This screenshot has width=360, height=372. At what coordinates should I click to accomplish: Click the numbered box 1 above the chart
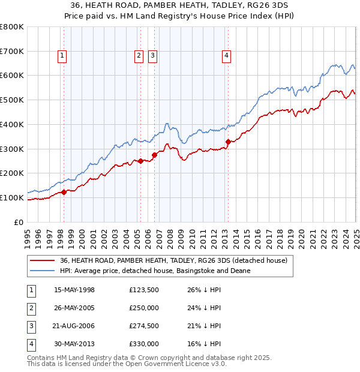[x=62, y=56]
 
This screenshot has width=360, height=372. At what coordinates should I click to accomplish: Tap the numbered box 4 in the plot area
[x=227, y=56]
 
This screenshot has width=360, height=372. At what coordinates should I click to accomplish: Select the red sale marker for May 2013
[x=228, y=142]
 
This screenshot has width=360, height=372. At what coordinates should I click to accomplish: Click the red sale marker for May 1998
[x=64, y=192]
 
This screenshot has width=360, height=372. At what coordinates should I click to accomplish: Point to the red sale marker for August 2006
[x=154, y=155]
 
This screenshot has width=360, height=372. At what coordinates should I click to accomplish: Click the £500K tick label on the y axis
[x=12, y=100]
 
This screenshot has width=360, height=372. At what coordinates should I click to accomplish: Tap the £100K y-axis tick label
[x=12, y=197]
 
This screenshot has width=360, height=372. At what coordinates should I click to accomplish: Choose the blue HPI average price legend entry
[x=155, y=271]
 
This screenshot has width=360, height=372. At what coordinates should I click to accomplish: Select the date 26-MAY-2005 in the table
[x=74, y=308]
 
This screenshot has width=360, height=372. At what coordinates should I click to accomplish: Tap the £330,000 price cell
[x=144, y=344]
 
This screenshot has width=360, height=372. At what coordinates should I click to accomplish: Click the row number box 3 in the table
[x=30, y=326]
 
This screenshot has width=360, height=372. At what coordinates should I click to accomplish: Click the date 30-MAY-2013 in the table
[x=74, y=344]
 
